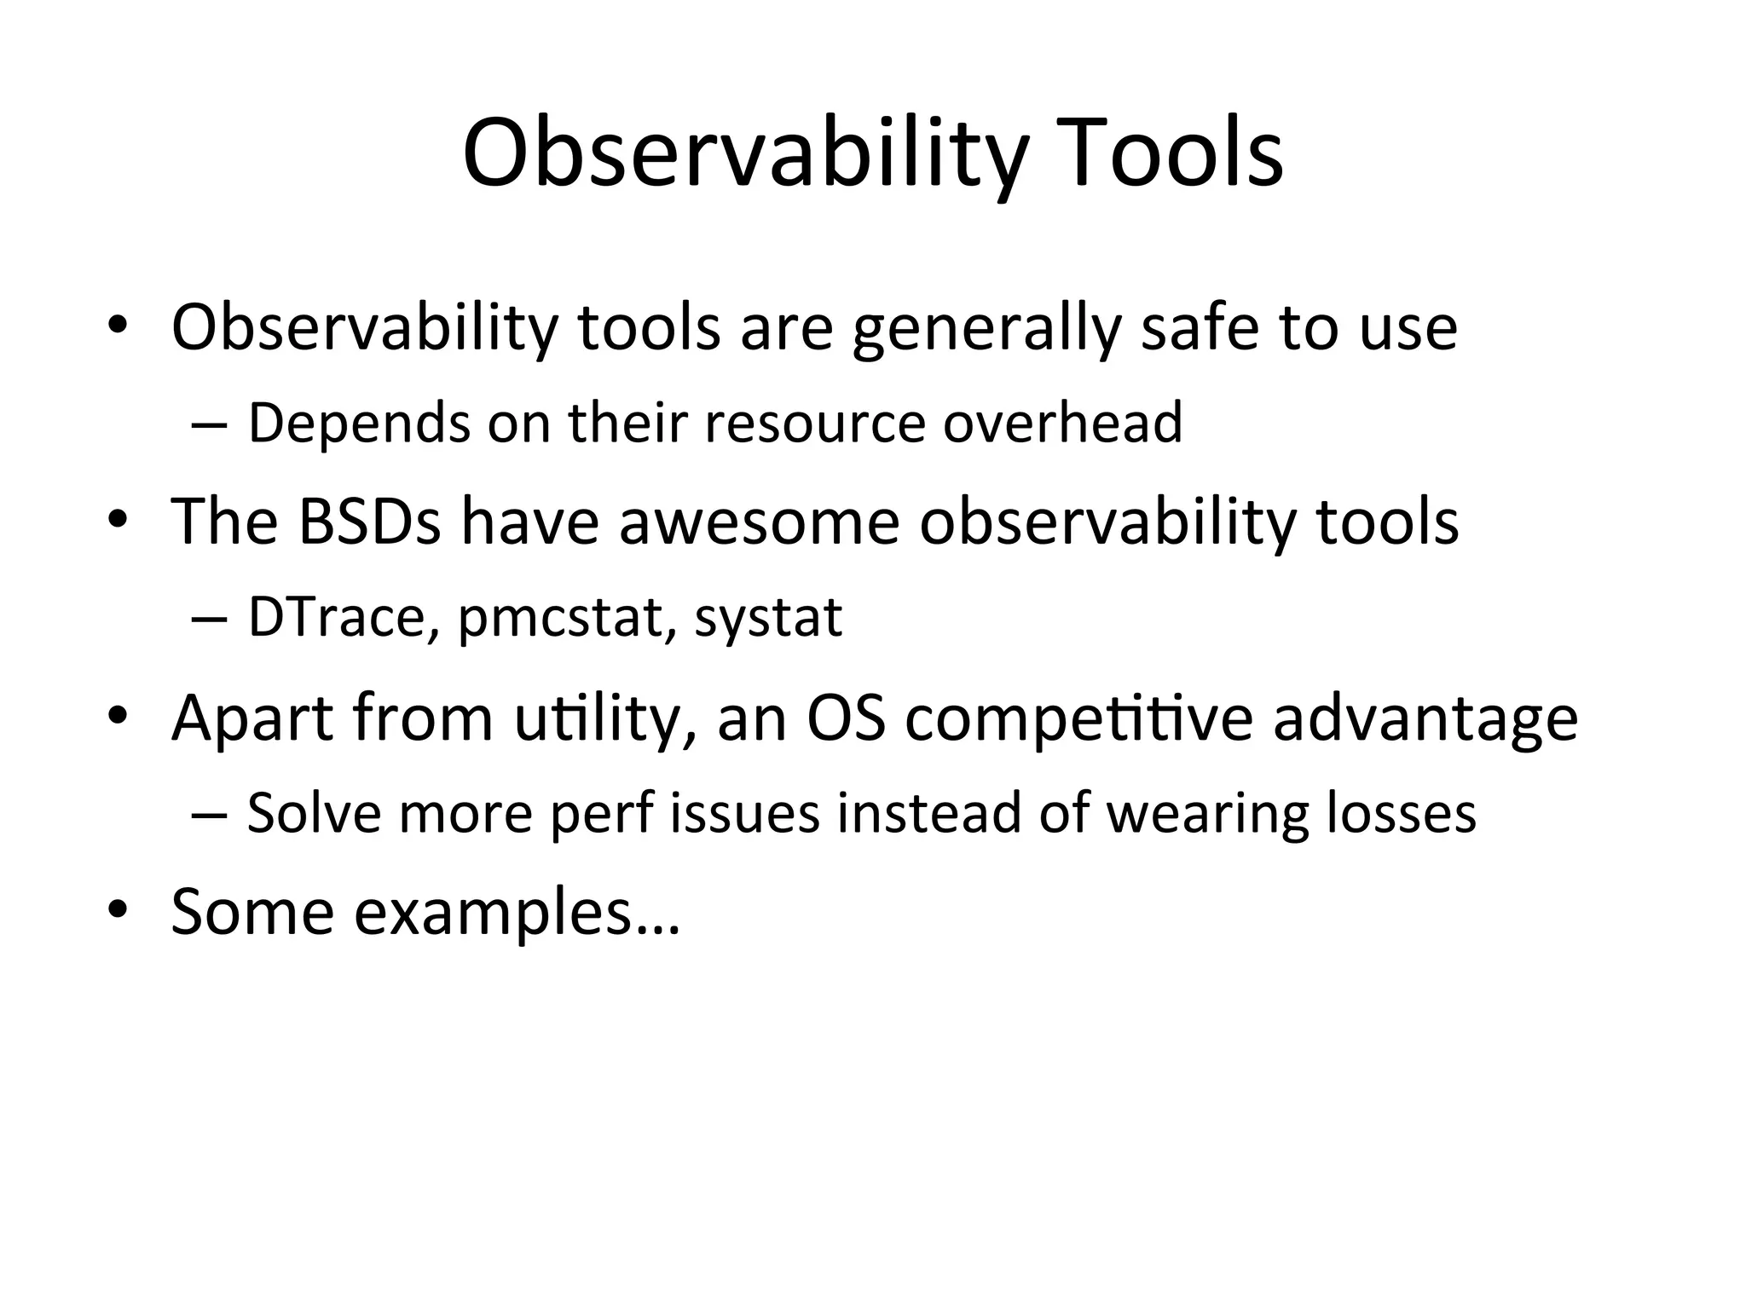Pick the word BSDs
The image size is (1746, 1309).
click(x=369, y=521)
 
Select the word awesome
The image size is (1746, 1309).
click(x=759, y=521)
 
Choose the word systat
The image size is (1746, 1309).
click(x=768, y=618)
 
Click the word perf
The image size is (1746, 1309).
click(x=600, y=814)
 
